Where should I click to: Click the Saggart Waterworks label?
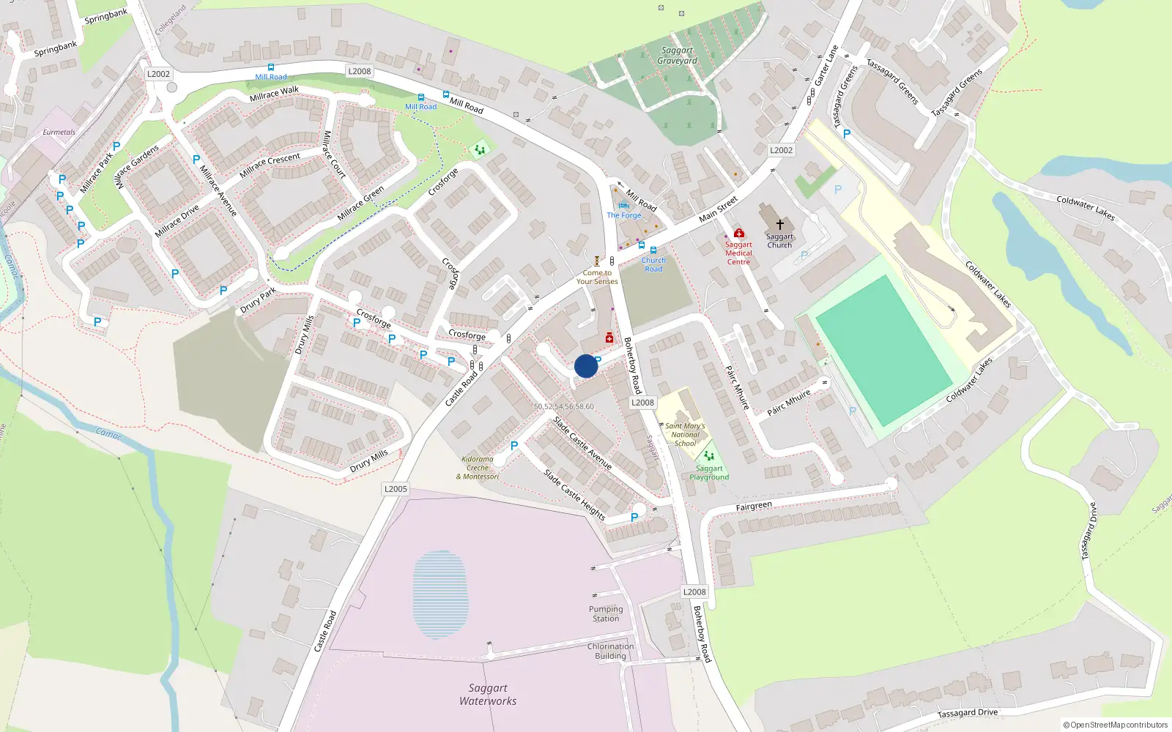[488, 694]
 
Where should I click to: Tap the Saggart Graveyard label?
[677, 56]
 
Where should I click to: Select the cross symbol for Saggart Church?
[779, 224]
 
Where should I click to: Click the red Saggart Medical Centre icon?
[738, 234]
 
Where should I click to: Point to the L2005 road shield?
[396, 489]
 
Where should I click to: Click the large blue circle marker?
[586, 366]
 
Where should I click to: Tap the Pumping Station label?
[606, 613]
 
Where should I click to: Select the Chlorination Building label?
[610, 651]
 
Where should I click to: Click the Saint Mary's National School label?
[685, 434]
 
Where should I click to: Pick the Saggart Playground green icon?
[708, 456]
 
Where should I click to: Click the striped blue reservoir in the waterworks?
[439, 594]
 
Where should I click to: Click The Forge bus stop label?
[623, 215]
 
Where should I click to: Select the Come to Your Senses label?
[597, 277]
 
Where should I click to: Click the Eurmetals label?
[59, 132]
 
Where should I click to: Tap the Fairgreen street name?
[754, 506]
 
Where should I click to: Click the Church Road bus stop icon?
[653, 250]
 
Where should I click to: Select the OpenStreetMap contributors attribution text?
[1116, 725]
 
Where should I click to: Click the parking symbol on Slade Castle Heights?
[634, 517]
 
